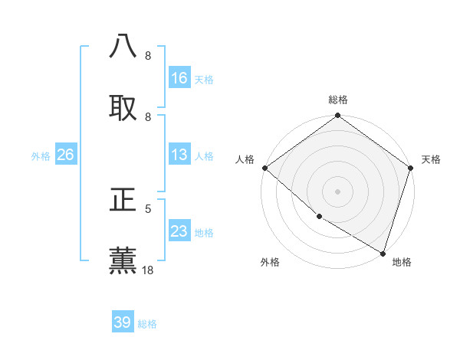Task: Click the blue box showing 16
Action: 179,78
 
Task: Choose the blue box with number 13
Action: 179,155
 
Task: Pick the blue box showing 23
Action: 179,231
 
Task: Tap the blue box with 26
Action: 65,155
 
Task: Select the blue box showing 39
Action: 123,322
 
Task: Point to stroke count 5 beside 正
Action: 148,208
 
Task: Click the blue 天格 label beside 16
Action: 204,79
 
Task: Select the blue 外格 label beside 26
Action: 41,155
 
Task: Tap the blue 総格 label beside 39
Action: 147,324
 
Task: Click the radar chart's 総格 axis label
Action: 338,100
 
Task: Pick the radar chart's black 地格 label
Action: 402,262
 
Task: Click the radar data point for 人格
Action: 264,168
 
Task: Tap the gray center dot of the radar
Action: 338,191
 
